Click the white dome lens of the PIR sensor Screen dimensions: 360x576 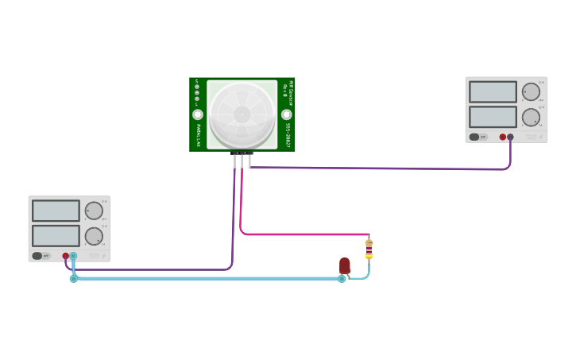(242, 114)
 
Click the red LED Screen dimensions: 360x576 (345, 265)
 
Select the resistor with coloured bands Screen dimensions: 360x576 (369, 249)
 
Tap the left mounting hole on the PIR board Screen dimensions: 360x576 (198, 114)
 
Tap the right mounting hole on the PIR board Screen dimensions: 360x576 (287, 114)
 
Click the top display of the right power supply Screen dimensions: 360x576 (493, 91)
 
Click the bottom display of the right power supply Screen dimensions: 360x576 (493, 117)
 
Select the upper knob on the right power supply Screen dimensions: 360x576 (531, 91)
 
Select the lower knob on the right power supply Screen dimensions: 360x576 (531, 117)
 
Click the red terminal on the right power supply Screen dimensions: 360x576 (503, 137)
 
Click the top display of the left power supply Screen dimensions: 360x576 (56, 211)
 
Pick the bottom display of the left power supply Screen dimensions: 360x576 (56, 236)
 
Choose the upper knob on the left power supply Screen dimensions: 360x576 (94, 211)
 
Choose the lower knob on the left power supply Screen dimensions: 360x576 (94, 236)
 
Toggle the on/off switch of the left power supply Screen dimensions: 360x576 (37, 256)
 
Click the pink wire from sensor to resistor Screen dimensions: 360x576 (302, 234)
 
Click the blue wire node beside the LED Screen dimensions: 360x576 (342, 279)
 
